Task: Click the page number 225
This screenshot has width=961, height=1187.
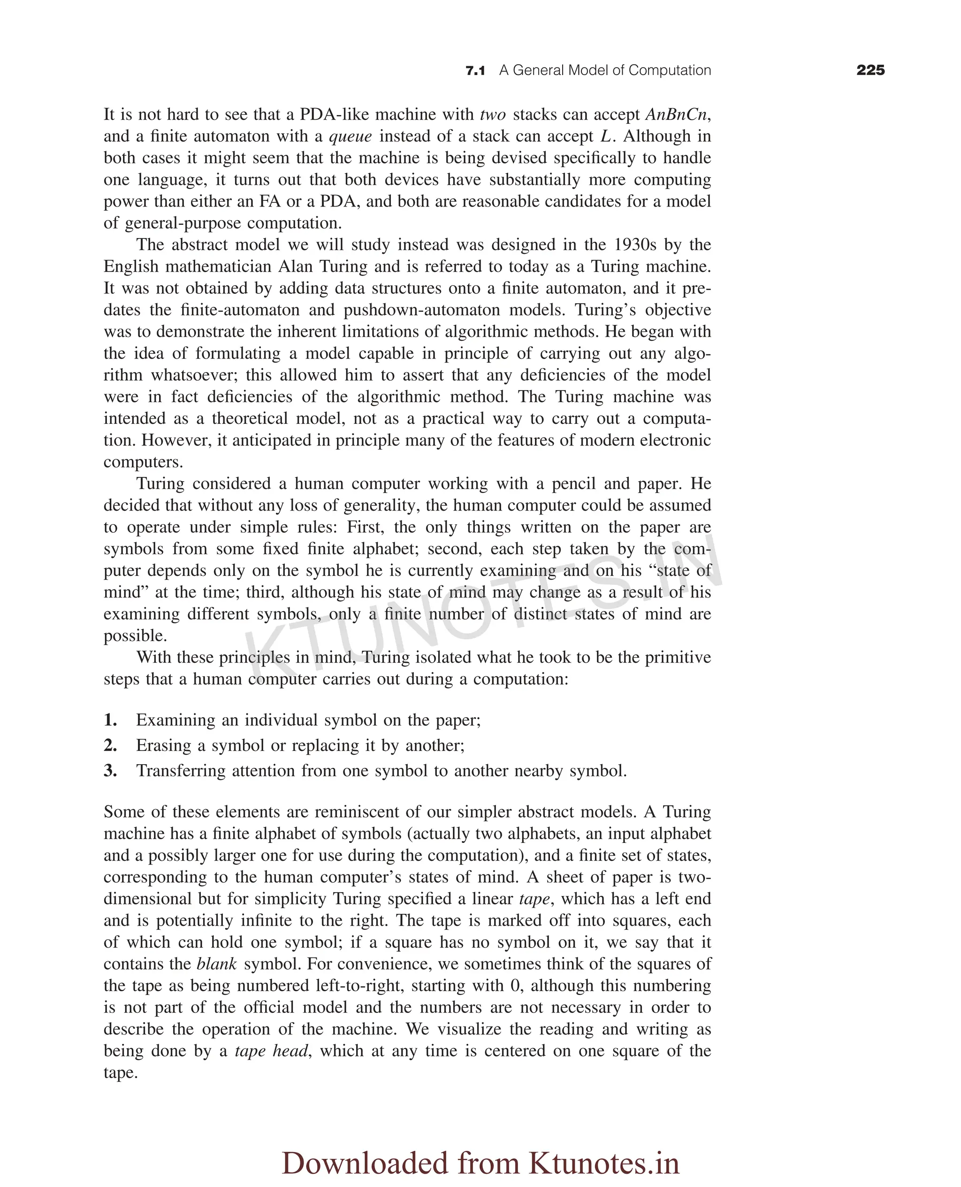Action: click(x=870, y=70)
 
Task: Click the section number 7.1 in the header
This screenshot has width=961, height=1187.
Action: click(x=475, y=71)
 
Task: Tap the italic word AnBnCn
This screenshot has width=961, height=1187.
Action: click(x=676, y=115)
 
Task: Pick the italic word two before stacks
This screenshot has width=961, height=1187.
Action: click(x=493, y=115)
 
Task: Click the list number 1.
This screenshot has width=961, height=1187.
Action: click(x=110, y=720)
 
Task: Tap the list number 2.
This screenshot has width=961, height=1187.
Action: click(x=110, y=746)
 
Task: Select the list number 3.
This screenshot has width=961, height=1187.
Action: click(x=110, y=771)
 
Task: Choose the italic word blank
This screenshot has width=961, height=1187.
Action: click(x=216, y=964)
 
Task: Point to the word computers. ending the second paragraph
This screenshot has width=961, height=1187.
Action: click(x=143, y=462)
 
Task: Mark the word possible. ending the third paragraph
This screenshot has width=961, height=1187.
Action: click(x=135, y=636)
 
